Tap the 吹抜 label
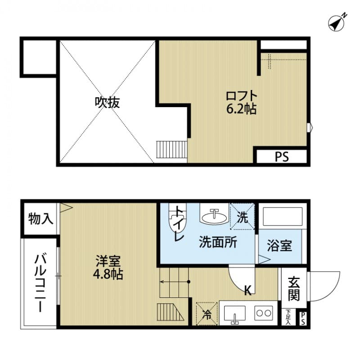coord(107,103)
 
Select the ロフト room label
coord(242,96)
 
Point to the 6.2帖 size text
coord(242,109)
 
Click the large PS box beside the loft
coord(282,157)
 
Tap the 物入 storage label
coord(40,219)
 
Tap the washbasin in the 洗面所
coord(213,217)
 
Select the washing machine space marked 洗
coord(242,217)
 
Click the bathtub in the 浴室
coord(283,217)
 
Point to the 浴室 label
coord(279,246)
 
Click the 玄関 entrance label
coord(294,288)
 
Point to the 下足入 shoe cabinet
coord(288,317)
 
